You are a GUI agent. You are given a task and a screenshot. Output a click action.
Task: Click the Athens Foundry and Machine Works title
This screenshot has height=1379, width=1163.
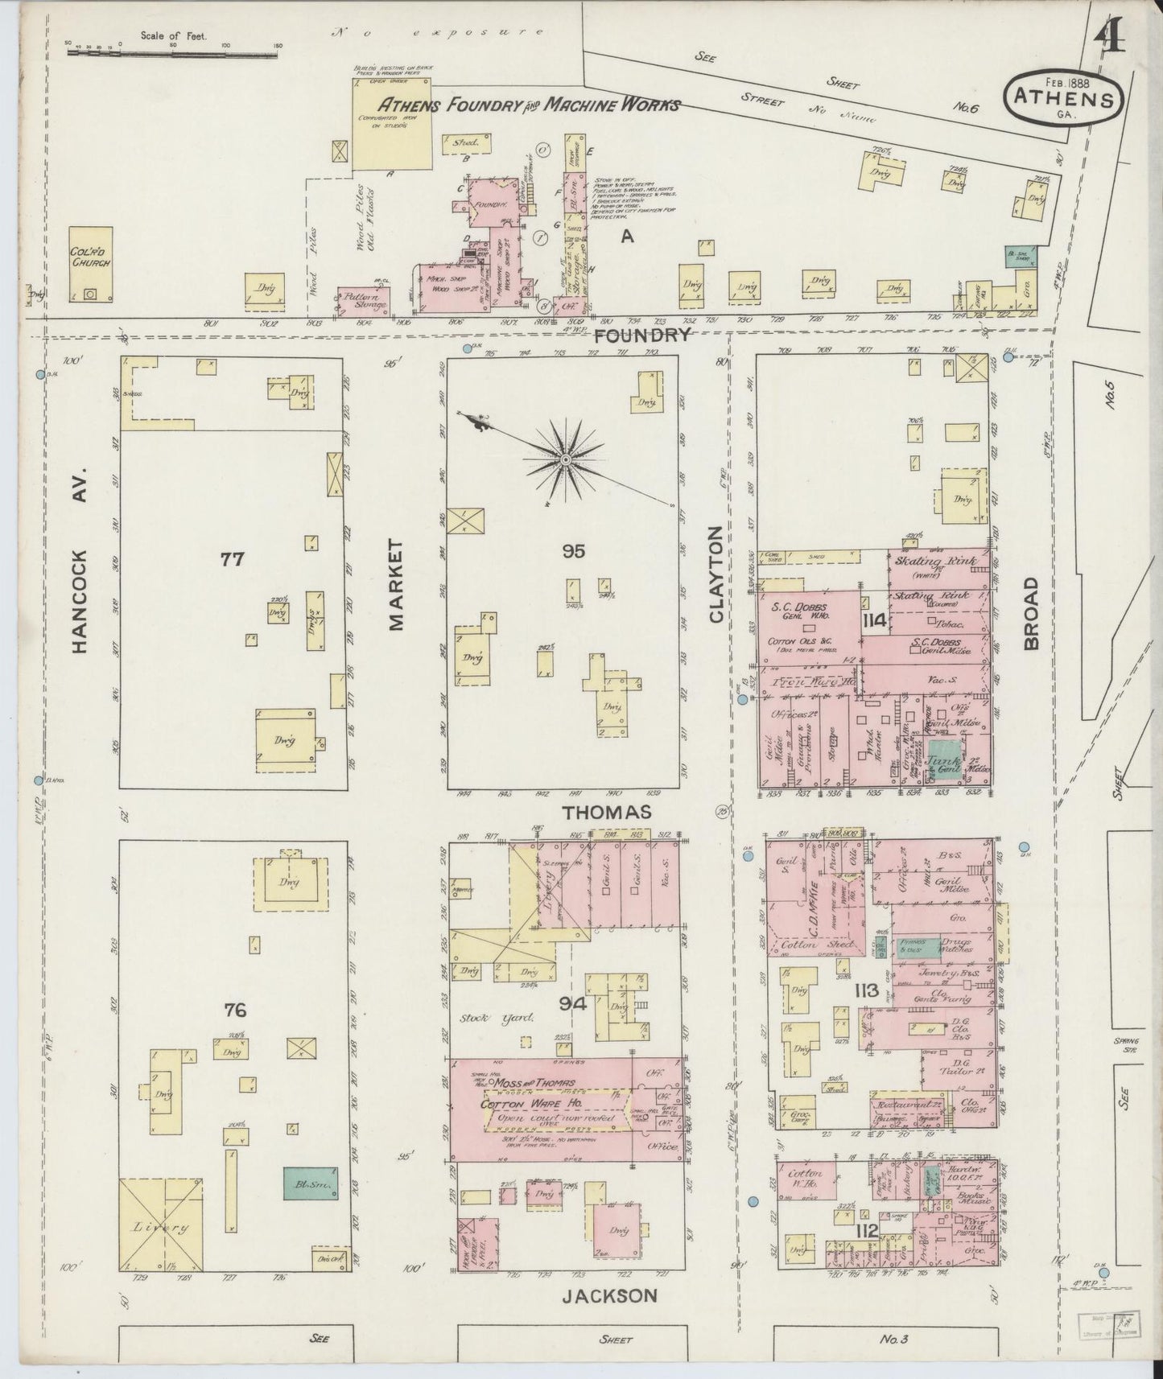tap(529, 105)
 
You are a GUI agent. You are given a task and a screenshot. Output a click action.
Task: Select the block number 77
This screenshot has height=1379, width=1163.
tap(232, 558)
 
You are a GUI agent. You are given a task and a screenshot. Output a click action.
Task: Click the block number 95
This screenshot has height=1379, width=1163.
tap(574, 551)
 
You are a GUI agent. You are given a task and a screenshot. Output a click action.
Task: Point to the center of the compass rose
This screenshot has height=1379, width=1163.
tap(566, 459)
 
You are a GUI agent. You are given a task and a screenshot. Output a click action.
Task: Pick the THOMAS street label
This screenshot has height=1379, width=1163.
tap(606, 813)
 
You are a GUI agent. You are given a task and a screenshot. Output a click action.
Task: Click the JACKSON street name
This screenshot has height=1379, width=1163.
tap(609, 1295)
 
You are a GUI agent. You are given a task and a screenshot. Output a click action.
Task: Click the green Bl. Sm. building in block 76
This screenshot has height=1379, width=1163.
tap(309, 1183)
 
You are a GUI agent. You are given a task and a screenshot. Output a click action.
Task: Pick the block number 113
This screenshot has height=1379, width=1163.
tap(867, 990)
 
